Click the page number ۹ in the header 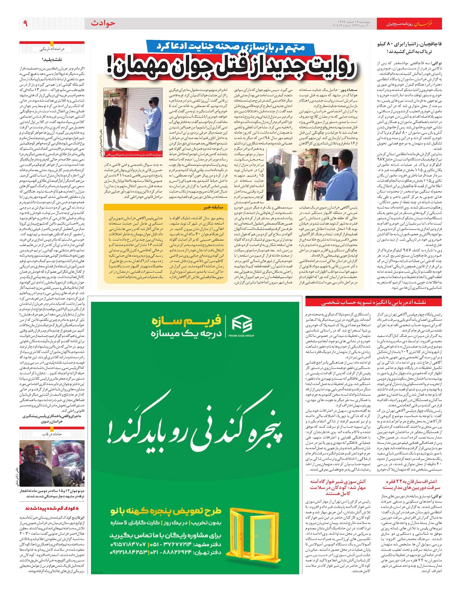click(25, 24)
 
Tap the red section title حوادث click(103, 24)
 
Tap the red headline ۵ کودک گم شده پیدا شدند click(52, 508)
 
